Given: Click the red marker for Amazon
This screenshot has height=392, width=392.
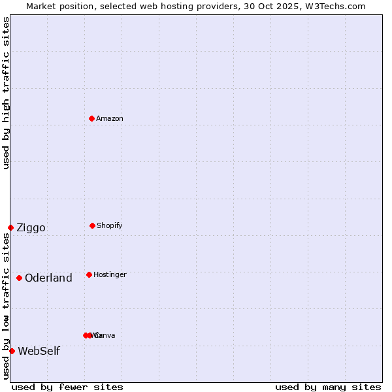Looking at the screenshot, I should (92, 118).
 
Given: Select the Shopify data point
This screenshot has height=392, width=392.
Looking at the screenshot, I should (92, 225).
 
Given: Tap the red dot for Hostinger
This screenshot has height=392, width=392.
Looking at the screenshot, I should (89, 274).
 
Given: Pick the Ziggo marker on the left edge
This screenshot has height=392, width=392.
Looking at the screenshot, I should (10, 227).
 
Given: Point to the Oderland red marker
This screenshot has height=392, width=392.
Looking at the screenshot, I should (19, 278).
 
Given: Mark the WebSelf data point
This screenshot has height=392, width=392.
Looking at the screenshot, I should (12, 351).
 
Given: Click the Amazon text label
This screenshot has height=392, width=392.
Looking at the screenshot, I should (110, 118).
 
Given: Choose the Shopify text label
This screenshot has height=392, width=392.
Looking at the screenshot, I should (110, 225).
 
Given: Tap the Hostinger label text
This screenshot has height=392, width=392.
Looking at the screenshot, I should (110, 274).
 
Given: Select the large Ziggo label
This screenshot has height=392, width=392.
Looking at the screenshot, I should (31, 227).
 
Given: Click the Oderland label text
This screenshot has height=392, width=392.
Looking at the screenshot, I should (48, 278).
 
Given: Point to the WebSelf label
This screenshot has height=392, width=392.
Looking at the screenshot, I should (39, 351).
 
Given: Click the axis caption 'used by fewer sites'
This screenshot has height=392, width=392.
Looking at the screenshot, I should (67, 387).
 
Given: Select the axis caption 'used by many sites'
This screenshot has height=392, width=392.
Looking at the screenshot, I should (328, 387).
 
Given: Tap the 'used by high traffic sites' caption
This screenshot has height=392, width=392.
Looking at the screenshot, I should (6, 93).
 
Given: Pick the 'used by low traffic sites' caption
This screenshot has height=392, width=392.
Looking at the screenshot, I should (6, 306).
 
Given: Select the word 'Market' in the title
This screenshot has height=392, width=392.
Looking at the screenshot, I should (41, 6).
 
